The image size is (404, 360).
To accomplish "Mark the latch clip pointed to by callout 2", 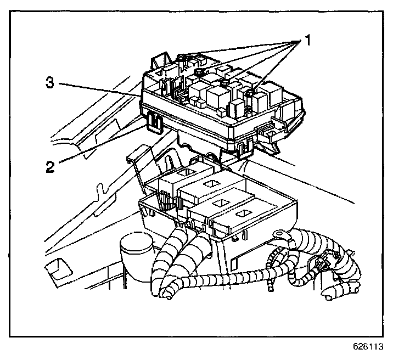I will [x=154, y=121].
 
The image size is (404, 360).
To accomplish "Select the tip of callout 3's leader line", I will [x=141, y=96].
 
